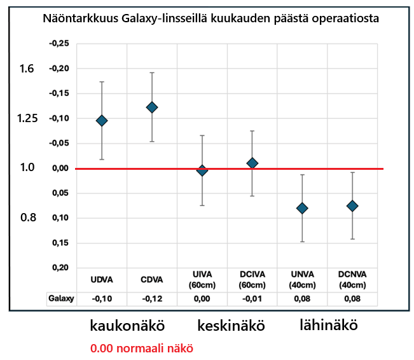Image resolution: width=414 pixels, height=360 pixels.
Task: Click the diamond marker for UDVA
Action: pos(101,120)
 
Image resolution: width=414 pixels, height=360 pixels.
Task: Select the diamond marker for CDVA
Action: pos(151,107)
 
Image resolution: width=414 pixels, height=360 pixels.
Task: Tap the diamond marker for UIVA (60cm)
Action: pos(202,170)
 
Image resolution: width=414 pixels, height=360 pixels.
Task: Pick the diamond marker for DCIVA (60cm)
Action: pos(252,163)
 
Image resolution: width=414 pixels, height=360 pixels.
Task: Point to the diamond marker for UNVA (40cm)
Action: pos(302,208)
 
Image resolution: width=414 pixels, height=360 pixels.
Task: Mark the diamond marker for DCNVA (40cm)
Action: pos(352,205)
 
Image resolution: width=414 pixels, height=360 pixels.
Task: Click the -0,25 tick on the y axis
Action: pos(59,43)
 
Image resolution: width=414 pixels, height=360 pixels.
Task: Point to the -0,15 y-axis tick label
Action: pos(59,93)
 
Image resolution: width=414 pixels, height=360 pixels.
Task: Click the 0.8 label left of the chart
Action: pos(27,218)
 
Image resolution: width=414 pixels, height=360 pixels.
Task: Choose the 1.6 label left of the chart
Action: pos(27,69)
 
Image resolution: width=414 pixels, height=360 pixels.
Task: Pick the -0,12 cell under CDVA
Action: pos(151,298)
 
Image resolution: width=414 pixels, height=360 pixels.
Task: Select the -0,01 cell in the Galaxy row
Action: pos(252,298)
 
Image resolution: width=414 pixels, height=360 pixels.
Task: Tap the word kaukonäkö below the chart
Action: pos(127,326)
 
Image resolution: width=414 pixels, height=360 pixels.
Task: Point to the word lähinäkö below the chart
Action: pos(328,325)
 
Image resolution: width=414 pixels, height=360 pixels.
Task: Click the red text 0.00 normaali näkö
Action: pos(141,349)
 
